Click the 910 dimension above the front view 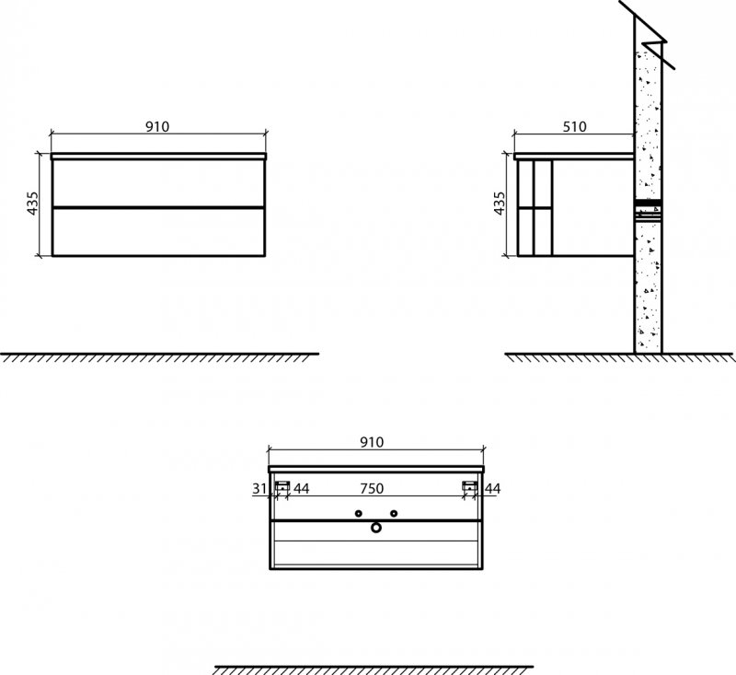(157, 127)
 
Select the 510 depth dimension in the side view (574, 127)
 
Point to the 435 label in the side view (500, 204)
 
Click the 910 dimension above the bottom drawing (371, 442)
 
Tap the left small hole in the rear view (359, 513)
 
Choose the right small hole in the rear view (393, 513)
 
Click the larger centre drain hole (375, 528)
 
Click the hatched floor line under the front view (159, 355)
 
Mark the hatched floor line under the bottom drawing (373, 668)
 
